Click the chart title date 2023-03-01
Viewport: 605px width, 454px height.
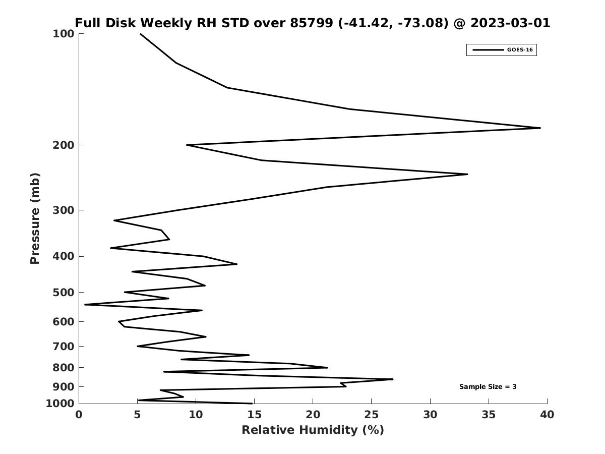click(x=510, y=23)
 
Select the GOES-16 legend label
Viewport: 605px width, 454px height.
click(x=520, y=50)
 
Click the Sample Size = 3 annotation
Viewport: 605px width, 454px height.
click(x=488, y=387)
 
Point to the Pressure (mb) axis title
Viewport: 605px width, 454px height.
click(x=35, y=218)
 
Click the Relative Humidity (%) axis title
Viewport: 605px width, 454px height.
click(x=313, y=430)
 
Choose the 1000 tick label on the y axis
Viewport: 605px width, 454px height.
click(x=60, y=404)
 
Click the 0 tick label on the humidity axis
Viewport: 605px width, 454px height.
click(x=79, y=415)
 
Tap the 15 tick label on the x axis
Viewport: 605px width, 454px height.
click(x=254, y=415)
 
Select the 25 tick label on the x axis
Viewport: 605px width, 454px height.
click(x=371, y=415)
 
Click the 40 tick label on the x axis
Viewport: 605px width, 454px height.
click(x=547, y=415)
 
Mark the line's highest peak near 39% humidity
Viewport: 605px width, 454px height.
click(x=540, y=128)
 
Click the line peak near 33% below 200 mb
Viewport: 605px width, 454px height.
click(x=467, y=174)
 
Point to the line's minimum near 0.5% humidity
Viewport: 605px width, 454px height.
click(x=85, y=305)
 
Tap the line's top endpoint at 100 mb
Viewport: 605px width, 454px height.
click(x=140, y=34)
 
